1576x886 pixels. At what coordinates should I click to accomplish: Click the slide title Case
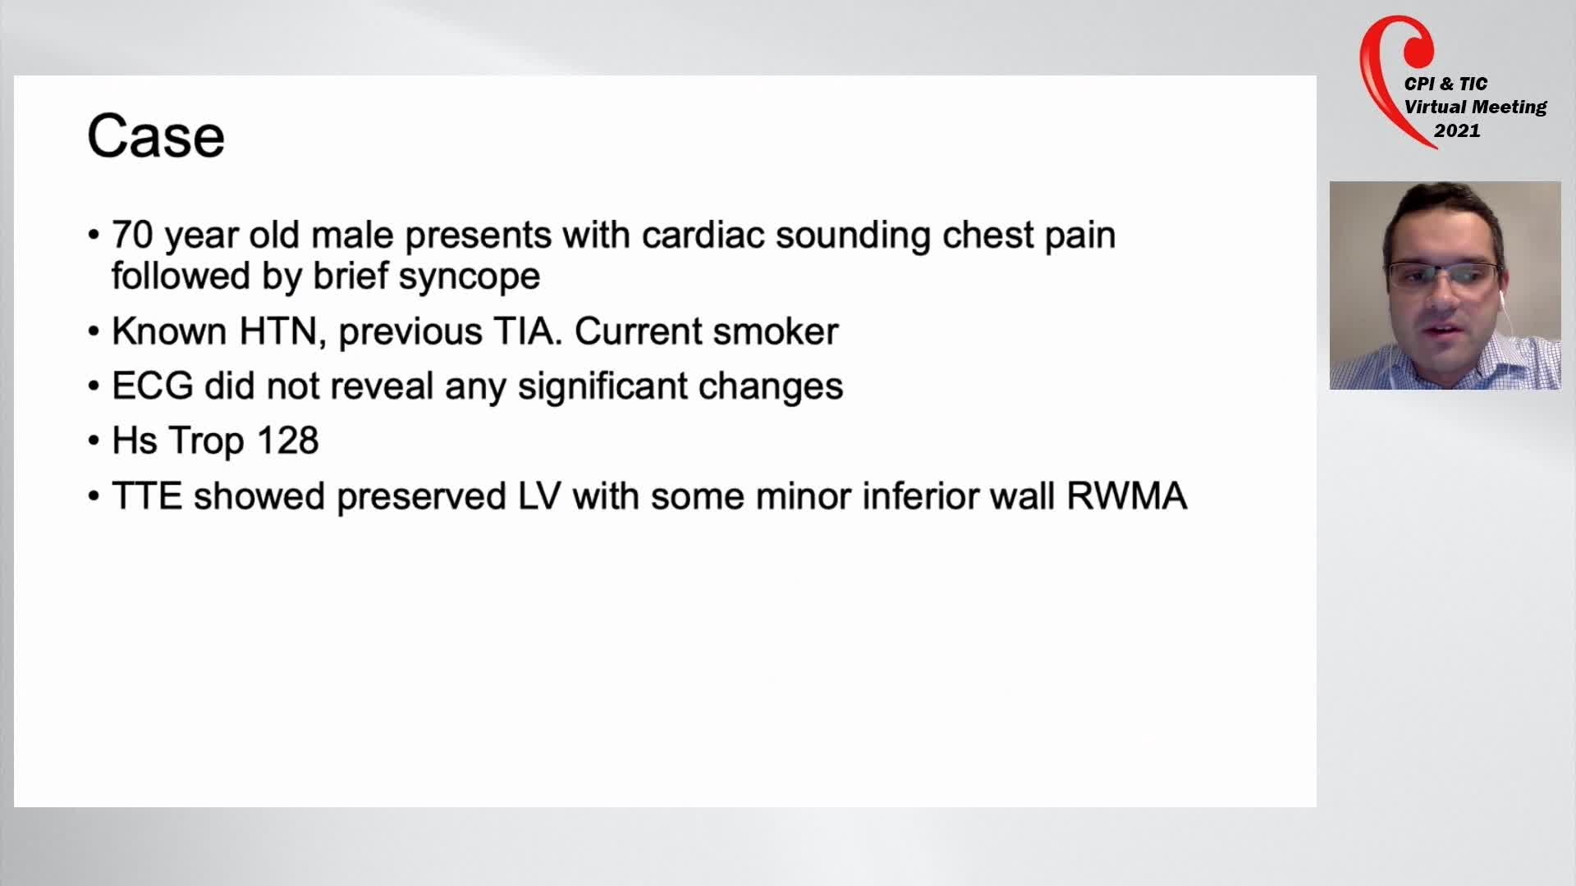[156, 136]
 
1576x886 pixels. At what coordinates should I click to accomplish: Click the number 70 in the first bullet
[132, 235]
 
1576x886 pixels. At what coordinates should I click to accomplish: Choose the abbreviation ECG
[153, 386]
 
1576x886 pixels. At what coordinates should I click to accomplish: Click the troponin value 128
[287, 441]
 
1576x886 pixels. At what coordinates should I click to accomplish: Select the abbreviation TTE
[147, 496]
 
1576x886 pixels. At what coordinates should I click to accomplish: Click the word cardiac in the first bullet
[703, 235]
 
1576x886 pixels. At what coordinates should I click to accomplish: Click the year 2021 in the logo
[1457, 130]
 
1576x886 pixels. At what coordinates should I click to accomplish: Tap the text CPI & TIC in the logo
[1445, 84]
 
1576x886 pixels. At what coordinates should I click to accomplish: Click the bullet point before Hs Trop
[93, 441]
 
